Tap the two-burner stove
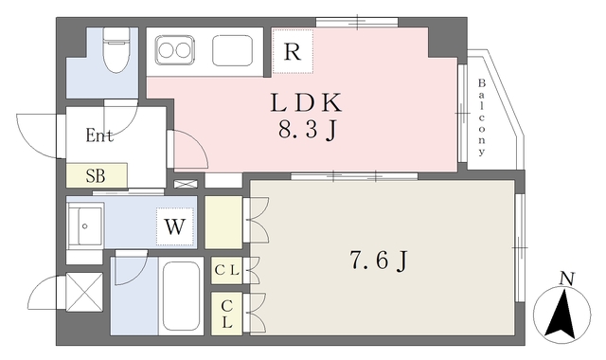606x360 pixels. pyautogui.click(x=174, y=50)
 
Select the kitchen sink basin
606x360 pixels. pyautogui.click(x=233, y=50)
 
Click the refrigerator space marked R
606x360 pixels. pyautogui.click(x=293, y=51)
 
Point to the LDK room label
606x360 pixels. pyautogui.click(x=306, y=103)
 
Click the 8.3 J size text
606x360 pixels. pyautogui.click(x=307, y=131)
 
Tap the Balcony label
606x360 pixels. pyautogui.click(x=481, y=117)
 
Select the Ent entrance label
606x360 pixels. pyautogui.click(x=99, y=135)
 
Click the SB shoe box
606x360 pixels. pyautogui.click(x=97, y=175)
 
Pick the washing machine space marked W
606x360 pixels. pyautogui.click(x=174, y=226)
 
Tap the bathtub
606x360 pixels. pyautogui.click(x=181, y=295)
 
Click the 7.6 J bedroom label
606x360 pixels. pyautogui.click(x=379, y=261)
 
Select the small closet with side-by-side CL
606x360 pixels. pyautogui.click(x=227, y=270)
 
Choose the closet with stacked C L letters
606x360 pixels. pyautogui.click(x=227, y=314)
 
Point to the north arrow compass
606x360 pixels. pyautogui.click(x=562, y=314)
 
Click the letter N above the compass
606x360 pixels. pyautogui.click(x=567, y=279)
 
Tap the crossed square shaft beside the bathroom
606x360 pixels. pyautogui.click(x=84, y=292)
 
